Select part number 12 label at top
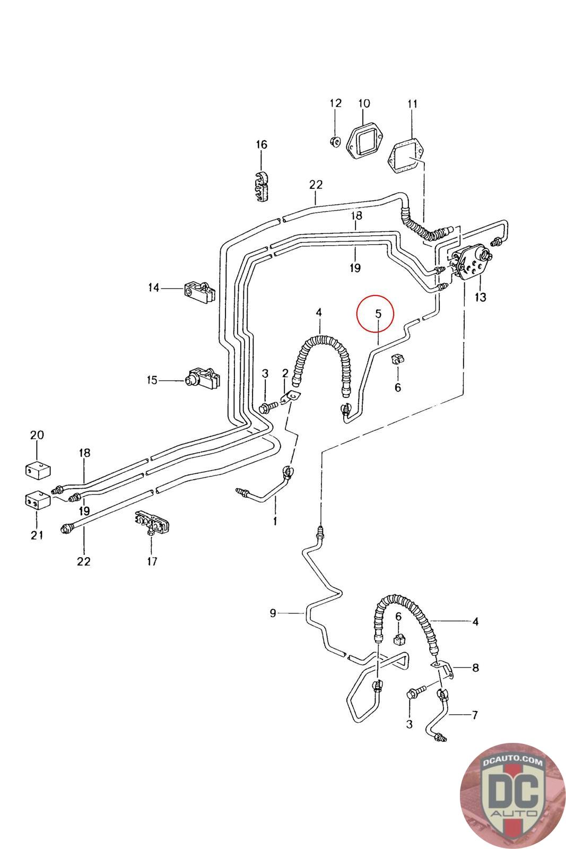coord(335,103)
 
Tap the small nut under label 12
coord(335,141)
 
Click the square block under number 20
coord(38,470)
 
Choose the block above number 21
coord(38,499)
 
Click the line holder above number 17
coord(152,523)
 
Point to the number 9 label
coord(273,613)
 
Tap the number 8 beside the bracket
coord(475,668)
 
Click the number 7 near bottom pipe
coord(475,715)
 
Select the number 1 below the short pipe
coord(275,521)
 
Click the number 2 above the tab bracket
coord(285,373)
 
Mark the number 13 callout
coord(480,297)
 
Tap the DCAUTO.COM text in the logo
coord(512,762)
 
